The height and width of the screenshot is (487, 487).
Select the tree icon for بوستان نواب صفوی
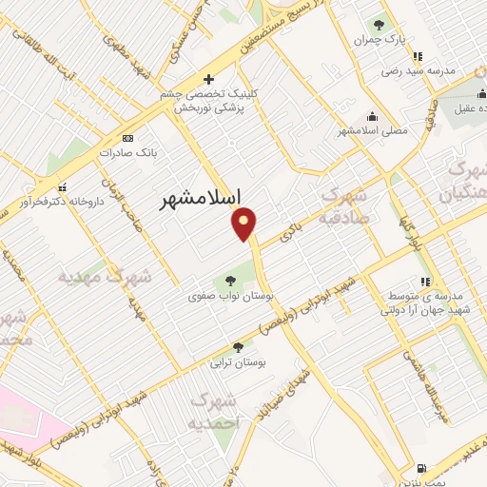click(231, 281)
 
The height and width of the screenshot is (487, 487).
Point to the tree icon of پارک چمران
click(380, 26)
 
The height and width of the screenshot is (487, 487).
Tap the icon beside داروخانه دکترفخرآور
click(63, 186)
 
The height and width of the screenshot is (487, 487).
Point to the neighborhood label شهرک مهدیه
click(105, 278)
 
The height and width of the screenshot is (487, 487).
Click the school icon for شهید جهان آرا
click(425, 282)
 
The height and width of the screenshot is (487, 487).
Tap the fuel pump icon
click(420, 468)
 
